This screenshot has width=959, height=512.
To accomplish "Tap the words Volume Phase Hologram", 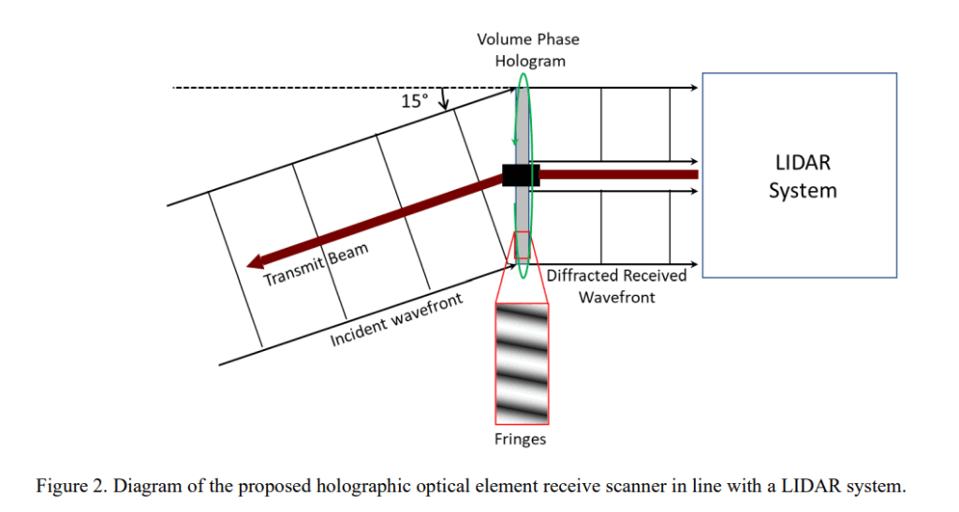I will (528, 50).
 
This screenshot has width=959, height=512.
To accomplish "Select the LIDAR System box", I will (799, 175).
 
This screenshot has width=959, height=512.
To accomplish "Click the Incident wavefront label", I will (396, 321).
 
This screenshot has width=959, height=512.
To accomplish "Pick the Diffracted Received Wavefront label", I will (616, 286).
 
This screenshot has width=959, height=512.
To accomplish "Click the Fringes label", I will (520, 439).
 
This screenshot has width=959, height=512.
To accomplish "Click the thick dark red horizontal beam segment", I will (618, 175).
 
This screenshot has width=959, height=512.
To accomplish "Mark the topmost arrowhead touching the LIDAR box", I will (696, 88).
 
